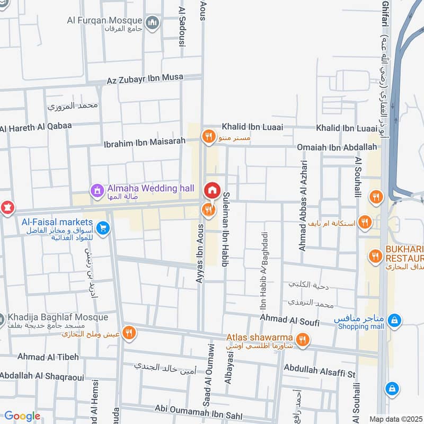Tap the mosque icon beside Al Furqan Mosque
pyautogui.click(x=153, y=23)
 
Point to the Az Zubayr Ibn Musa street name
pyautogui.click(x=145, y=79)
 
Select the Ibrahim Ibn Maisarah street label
pyautogui.click(x=145, y=142)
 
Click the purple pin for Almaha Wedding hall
pyautogui.click(x=97, y=189)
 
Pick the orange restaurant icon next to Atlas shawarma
pyautogui.click(x=302, y=340)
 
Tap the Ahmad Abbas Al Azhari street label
pyautogui.click(x=303, y=205)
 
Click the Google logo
pyautogui.click(x=22, y=416)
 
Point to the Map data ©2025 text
pyautogui.click(x=395, y=419)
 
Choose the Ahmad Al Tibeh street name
pyautogui.click(x=48, y=357)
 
